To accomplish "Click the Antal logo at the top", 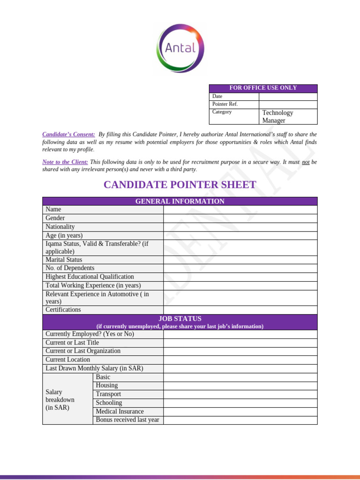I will click(180, 48).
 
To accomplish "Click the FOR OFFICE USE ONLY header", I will click(263, 88).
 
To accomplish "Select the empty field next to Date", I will click(288, 96).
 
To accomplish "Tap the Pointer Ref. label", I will click(225, 104).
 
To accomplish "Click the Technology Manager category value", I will click(277, 116).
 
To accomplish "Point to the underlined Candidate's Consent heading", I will click(68, 135).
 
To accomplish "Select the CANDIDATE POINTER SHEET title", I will click(180, 185).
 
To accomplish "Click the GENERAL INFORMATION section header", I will click(180, 201).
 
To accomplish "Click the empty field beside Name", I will click(240, 210).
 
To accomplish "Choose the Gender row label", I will click(55, 218).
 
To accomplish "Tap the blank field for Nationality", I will click(240, 227).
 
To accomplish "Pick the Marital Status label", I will click(64, 260).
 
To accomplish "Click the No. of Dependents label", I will click(70, 268).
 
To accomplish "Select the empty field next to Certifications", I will click(240, 310).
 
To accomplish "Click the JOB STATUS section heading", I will click(180, 319).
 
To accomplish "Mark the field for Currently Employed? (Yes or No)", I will click(240, 334).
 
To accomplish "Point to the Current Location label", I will click(68, 360).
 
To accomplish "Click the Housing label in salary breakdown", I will click(107, 385).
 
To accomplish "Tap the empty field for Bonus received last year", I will click(240, 420).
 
